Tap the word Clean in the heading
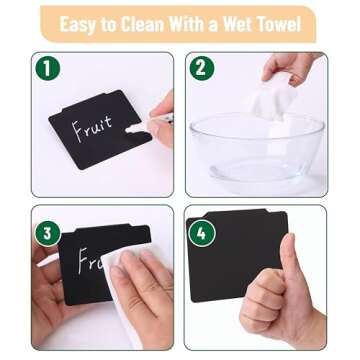point(143,23)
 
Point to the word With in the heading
point(188,23)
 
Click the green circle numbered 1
point(48,68)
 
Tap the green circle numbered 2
point(201,68)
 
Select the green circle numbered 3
point(48,233)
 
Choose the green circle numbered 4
point(201,233)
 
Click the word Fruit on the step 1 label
point(93,128)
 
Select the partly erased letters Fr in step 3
point(89,262)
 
